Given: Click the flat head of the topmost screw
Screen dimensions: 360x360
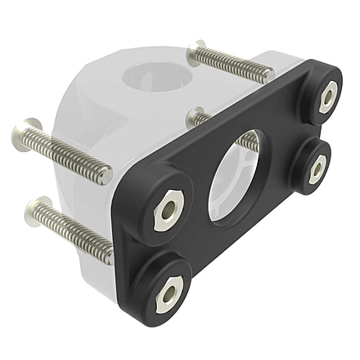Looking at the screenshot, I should (196, 53).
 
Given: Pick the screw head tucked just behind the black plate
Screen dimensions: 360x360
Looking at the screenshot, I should (195, 118).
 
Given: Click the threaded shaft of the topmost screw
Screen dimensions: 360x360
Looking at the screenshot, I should (233, 65).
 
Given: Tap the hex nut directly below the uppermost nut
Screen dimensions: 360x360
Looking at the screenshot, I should (317, 167).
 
